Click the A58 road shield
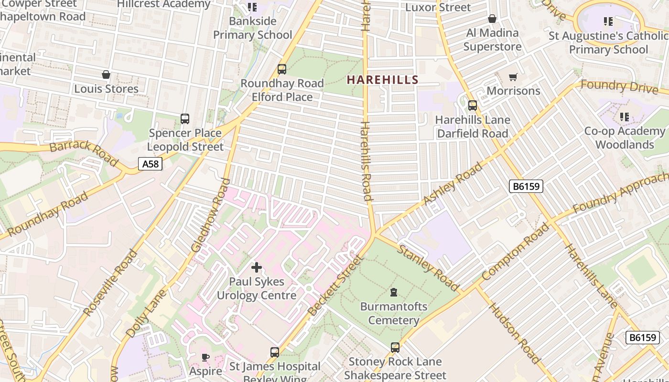pyautogui.click(x=150, y=164)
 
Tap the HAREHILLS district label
pyautogui.click(x=382, y=80)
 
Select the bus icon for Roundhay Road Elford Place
pyautogui.click(x=282, y=69)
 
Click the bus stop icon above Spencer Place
pyautogui.click(x=185, y=119)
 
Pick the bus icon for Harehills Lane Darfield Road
pyautogui.click(x=473, y=106)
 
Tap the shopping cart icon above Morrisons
pyautogui.click(x=513, y=77)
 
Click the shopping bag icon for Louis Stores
pyautogui.click(x=106, y=74)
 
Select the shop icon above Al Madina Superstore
pyautogui.click(x=492, y=19)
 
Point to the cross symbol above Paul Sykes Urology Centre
pyautogui.click(x=257, y=267)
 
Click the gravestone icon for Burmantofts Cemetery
pyautogui.click(x=394, y=292)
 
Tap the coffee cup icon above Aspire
pyautogui.click(x=205, y=357)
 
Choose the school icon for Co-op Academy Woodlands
pyautogui.click(x=624, y=117)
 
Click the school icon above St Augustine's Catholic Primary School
pyautogui.click(x=608, y=21)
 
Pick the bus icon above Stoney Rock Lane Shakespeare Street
pyautogui.click(x=395, y=348)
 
